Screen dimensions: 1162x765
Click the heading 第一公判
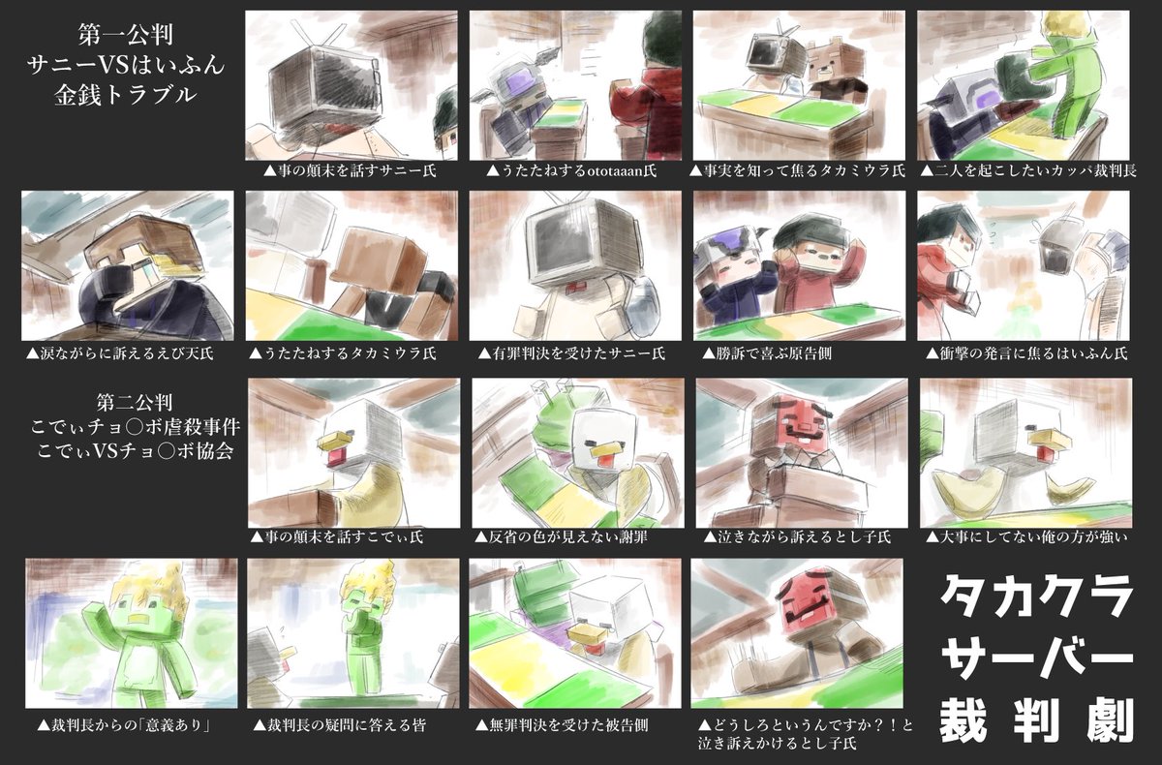[126, 35]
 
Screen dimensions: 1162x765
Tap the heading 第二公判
[135, 402]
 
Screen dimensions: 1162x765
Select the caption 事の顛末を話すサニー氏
[351, 170]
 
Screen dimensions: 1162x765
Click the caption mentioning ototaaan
[571, 170]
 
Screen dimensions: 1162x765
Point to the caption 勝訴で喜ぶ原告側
[767, 353]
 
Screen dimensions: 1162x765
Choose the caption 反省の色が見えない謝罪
[561, 536]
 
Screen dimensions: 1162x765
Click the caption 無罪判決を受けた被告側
[562, 724]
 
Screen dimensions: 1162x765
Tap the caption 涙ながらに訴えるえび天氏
[119, 353]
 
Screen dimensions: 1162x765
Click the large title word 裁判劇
[1037, 720]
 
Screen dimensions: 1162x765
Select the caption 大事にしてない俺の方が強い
[1026, 536]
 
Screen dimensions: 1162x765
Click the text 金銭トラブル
[126, 96]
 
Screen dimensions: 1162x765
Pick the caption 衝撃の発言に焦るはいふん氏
[1026, 353]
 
